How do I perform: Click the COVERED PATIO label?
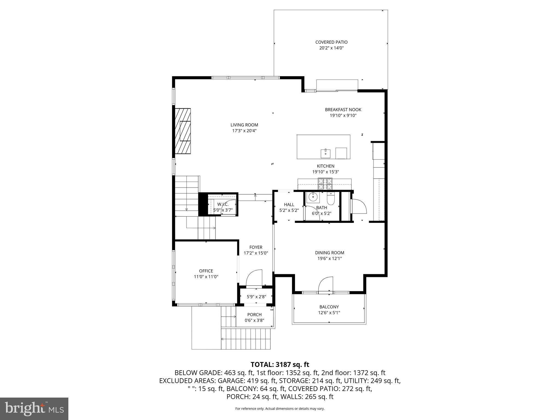point(331,42)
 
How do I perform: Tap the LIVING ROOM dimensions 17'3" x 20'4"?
point(244,131)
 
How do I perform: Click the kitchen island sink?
point(325,153)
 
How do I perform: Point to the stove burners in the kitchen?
point(325,183)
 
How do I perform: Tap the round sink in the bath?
point(313,197)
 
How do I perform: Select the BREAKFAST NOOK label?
point(343,110)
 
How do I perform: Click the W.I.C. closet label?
point(223,204)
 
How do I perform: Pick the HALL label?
point(289,205)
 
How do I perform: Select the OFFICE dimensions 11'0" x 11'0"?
point(206,277)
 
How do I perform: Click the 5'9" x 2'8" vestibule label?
point(256,296)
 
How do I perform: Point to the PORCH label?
point(254,315)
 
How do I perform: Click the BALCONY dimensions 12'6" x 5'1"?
point(329,313)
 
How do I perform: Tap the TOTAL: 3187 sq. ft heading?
point(280,364)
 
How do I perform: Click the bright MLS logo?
point(34,409)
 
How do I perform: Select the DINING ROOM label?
point(329,253)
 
